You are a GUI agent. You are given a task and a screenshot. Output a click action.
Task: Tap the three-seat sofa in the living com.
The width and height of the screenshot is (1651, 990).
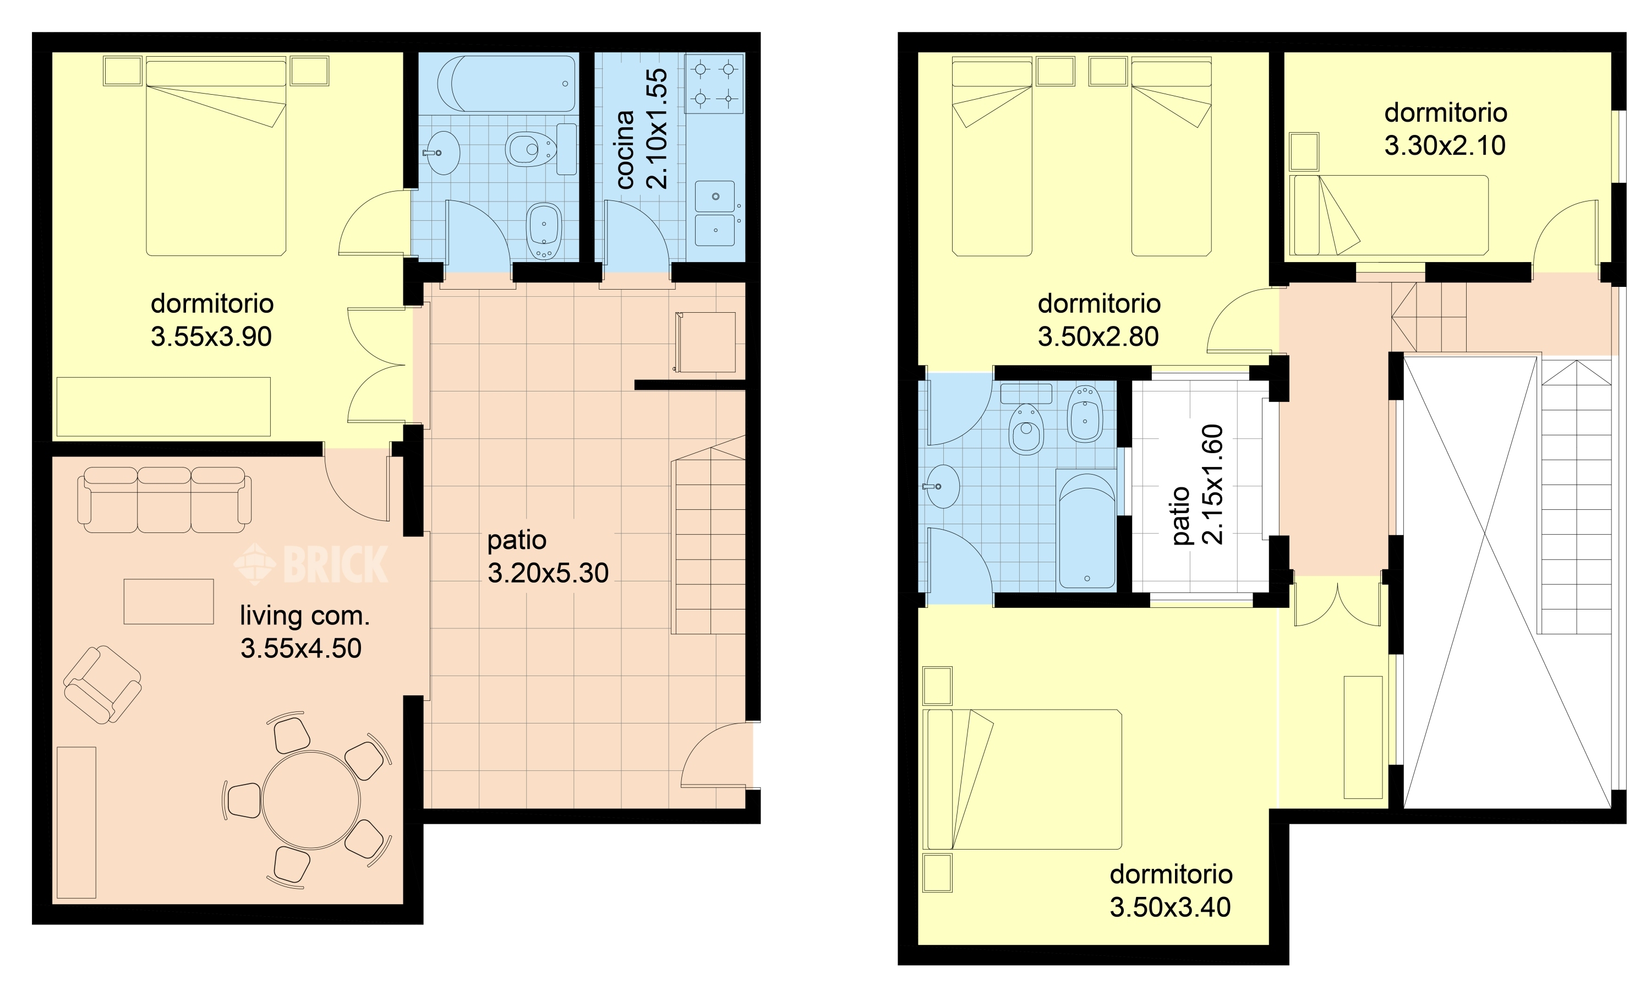pyautogui.click(x=165, y=499)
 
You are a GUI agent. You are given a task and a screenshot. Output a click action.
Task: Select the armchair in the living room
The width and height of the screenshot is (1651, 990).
pyautogui.click(x=102, y=684)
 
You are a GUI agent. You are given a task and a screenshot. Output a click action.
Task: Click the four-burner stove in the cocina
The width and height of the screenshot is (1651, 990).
pyautogui.click(x=714, y=83)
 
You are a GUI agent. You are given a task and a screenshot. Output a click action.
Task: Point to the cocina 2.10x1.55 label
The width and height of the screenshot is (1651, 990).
pyautogui.click(x=642, y=129)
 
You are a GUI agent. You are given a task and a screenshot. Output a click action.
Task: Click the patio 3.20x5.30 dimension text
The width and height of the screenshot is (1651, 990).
pyautogui.click(x=548, y=556)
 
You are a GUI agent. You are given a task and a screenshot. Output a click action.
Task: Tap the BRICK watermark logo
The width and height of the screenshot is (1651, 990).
pyautogui.click(x=311, y=564)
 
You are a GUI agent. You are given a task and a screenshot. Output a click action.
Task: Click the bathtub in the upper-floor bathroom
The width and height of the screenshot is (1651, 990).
pyautogui.click(x=1087, y=529)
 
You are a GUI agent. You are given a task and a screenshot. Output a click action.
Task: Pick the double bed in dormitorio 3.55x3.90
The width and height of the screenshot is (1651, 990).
pyautogui.click(x=216, y=156)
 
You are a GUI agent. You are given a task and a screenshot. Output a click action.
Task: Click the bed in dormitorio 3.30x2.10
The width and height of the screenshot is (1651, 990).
pyautogui.click(x=1388, y=215)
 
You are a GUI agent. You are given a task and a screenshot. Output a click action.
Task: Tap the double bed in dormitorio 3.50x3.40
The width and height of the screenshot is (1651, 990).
pyautogui.click(x=1024, y=779)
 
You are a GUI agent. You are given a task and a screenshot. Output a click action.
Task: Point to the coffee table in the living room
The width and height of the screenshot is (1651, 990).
pyautogui.click(x=169, y=602)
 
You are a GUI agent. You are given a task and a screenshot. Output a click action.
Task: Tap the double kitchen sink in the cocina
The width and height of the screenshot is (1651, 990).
pyautogui.click(x=715, y=214)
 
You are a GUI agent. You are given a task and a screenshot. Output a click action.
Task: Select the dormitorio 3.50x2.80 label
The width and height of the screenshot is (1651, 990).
pyautogui.click(x=1099, y=320)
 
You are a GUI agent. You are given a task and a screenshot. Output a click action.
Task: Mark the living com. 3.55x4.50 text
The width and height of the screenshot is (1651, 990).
pyautogui.click(x=305, y=632)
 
